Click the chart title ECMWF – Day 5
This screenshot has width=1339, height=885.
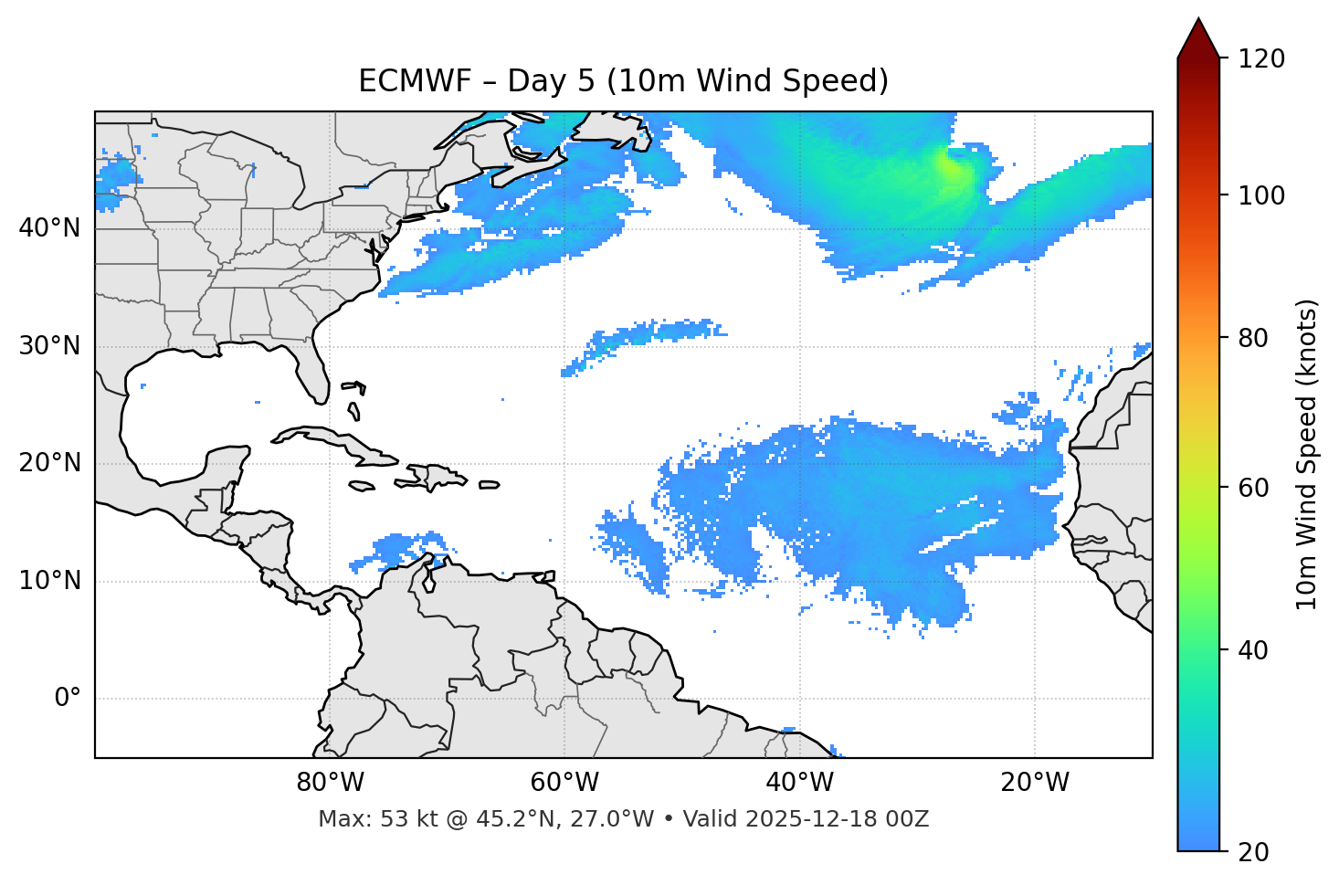(x=623, y=81)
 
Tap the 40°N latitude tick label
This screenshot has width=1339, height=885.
(x=49, y=228)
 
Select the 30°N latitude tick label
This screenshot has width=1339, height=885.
(x=49, y=346)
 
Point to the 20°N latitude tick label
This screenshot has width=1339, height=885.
(x=49, y=463)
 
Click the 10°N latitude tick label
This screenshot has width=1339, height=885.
(x=49, y=581)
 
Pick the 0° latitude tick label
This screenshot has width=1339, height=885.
(x=68, y=699)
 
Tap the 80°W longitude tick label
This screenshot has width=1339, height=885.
(x=330, y=783)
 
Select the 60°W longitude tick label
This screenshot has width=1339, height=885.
(x=564, y=783)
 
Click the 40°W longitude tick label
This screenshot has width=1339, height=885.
(x=799, y=783)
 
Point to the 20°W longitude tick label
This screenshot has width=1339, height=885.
(x=1034, y=783)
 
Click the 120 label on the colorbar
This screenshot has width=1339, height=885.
(x=1260, y=59)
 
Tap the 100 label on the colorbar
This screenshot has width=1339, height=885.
(x=1260, y=195)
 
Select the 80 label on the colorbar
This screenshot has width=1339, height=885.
(x=1253, y=338)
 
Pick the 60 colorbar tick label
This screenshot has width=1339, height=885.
(x=1253, y=488)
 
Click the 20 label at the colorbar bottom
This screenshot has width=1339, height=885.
(x=1253, y=852)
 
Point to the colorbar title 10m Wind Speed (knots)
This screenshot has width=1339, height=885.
(x=1307, y=454)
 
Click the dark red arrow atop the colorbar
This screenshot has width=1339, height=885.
(x=1198, y=40)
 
